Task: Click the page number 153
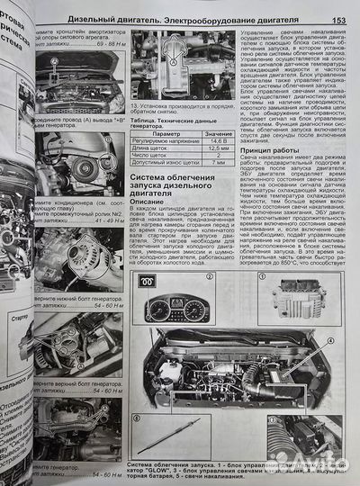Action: pos(339,21)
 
